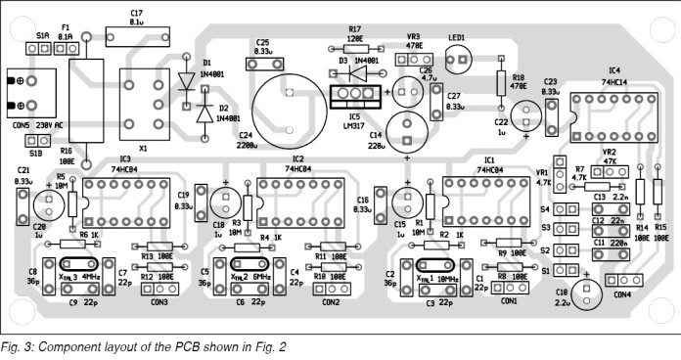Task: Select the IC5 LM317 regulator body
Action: tap(354, 95)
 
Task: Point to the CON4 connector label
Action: tap(620, 293)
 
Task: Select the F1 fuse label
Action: tap(66, 27)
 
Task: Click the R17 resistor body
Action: tap(355, 45)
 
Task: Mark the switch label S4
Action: tap(545, 208)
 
